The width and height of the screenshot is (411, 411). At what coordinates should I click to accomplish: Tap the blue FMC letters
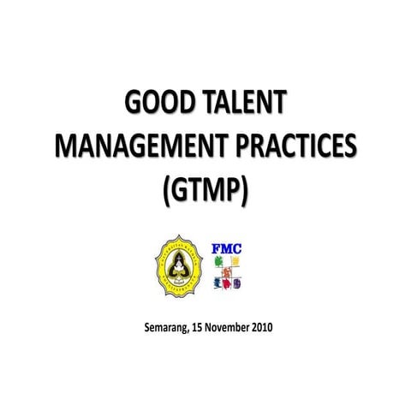[227, 250]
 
